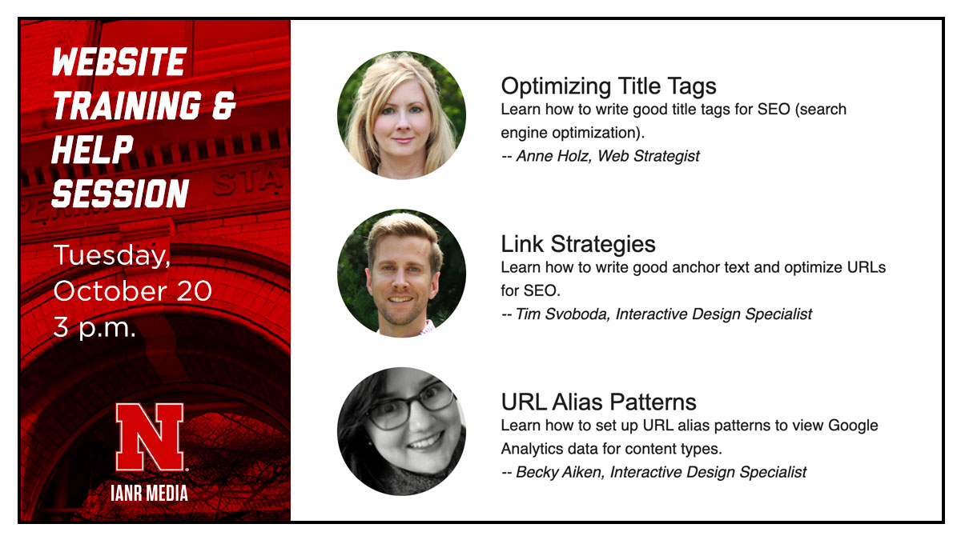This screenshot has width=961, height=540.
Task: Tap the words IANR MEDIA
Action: (150, 493)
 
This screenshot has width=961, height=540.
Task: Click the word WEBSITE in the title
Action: (119, 62)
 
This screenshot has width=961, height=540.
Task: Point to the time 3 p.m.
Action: (94, 326)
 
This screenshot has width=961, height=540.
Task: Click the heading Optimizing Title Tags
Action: (608, 86)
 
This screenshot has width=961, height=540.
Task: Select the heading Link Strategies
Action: (577, 244)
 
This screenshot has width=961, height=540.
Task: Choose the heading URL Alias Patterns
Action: (598, 402)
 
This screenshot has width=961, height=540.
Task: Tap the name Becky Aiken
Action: (559, 472)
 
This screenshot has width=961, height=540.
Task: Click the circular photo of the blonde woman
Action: (401, 115)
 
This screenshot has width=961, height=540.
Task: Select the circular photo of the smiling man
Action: (401, 273)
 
